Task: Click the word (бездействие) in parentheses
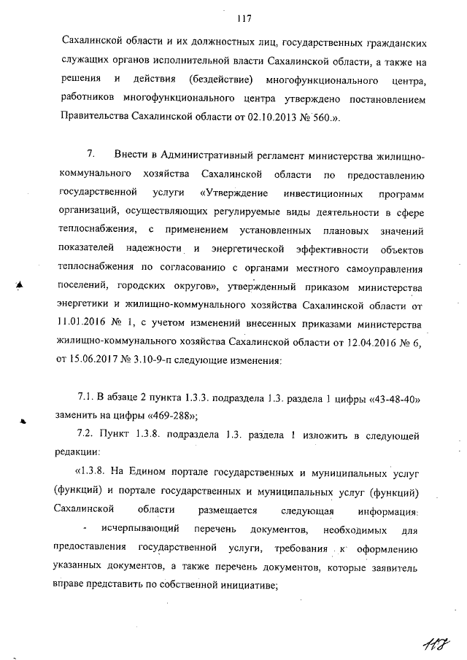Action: click(x=220, y=77)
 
